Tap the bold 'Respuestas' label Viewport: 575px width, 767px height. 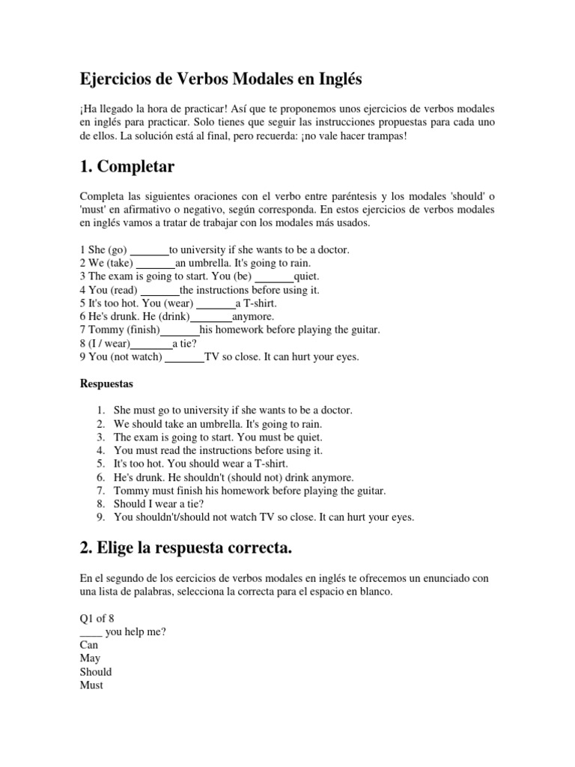pyautogui.click(x=106, y=383)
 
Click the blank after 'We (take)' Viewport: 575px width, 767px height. pyautogui.click(x=156, y=263)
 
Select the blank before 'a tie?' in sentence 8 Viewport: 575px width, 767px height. pyautogui.click(x=152, y=344)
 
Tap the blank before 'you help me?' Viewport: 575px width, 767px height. pyautogui.click(x=91, y=631)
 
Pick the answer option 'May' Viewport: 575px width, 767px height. pyautogui.click(x=90, y=658)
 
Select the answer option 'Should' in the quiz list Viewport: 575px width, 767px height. pyautogui.click(x=96, y=672)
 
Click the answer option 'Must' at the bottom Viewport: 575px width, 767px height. pyautogui.click(x=91, y=685)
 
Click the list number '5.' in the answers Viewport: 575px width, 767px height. pyautogui.click(x=101, y=464)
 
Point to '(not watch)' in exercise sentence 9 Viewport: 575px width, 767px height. pyautogui.click(x=136, y=357)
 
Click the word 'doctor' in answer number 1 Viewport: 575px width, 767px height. pyautogui.click(x=333, y=410)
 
